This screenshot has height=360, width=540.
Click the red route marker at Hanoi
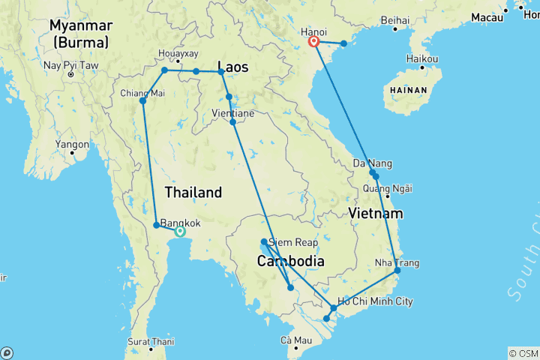(x=314, y=42)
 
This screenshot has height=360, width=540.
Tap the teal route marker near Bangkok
(x=179, y=232)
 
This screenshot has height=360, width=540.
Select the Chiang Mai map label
(x=141, y=93)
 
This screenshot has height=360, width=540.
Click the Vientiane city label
(x=234, y=113)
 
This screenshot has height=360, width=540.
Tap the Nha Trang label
(x=397, y=262)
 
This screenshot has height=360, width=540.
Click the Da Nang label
(x=371, y=163)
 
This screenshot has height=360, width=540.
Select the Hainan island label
(x=406, y=90)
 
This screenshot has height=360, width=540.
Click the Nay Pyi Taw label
(x=70, y=65)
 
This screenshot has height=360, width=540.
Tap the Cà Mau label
(x=296, y=340)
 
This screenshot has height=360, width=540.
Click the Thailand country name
(x=193, y=193)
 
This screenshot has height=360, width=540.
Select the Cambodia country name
(x=290, y=262)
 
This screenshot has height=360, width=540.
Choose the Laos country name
(x=232, y=66)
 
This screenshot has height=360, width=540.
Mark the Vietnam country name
(x=376, y=214)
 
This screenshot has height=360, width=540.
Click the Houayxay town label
(x=178, y=53)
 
